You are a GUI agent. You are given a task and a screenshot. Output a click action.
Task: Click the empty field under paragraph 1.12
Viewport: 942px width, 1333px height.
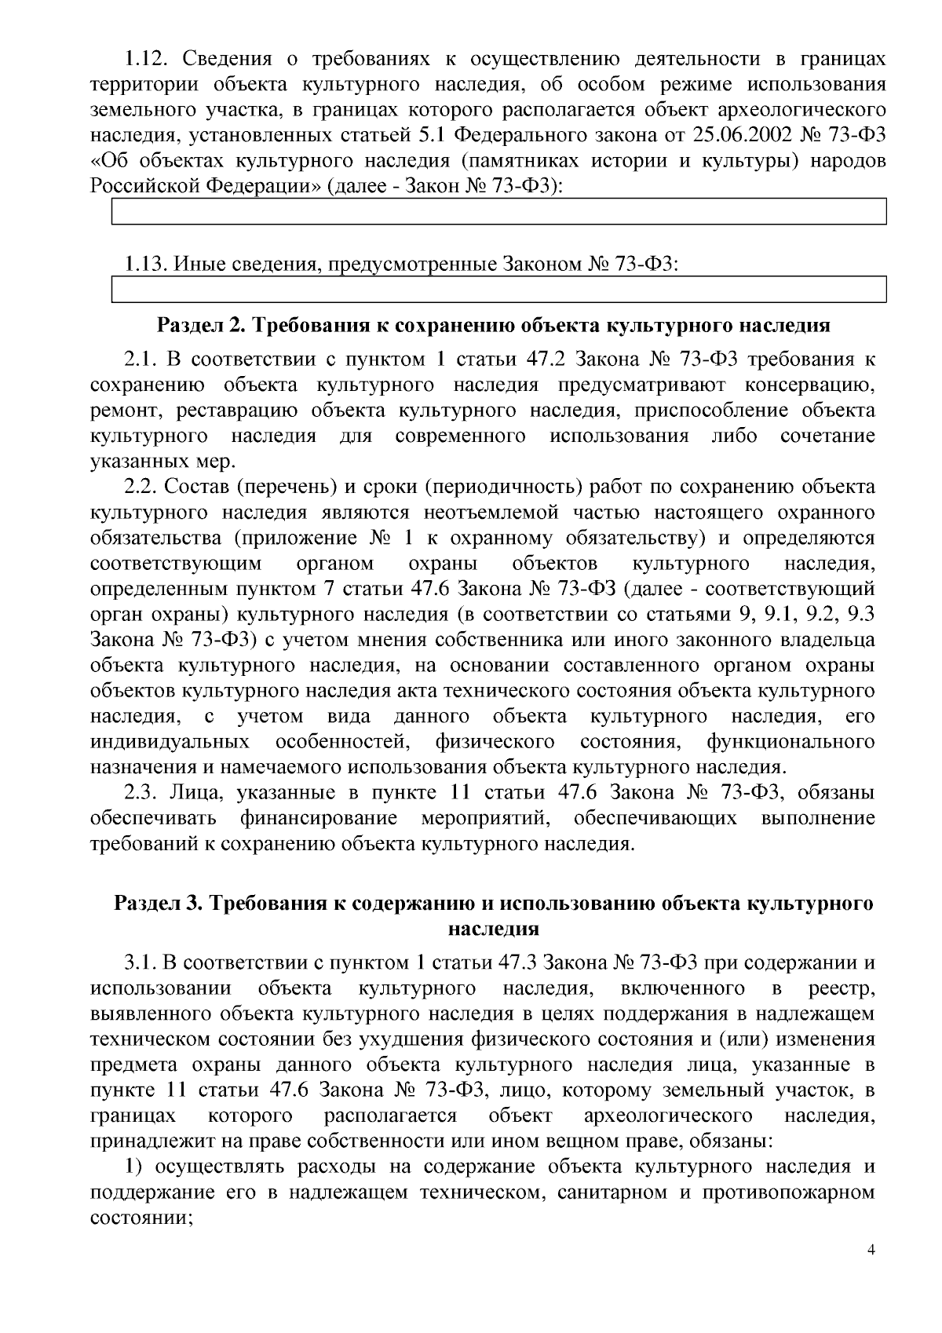pos(498,211)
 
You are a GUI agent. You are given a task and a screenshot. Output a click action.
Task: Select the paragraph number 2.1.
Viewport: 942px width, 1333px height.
pos(141,360)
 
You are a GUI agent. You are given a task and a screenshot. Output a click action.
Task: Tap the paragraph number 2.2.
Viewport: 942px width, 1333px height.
pos(141,488)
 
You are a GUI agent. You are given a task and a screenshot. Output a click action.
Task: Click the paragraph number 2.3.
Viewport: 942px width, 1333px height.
pos(141,793)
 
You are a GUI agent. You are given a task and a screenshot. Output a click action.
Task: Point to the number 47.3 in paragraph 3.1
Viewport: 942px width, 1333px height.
pos(516,962)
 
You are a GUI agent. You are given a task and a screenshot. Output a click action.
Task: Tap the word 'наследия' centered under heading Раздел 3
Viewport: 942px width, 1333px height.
pos(493,929)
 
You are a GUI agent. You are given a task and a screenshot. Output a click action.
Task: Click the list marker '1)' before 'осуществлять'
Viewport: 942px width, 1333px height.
pos(133,1167)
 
